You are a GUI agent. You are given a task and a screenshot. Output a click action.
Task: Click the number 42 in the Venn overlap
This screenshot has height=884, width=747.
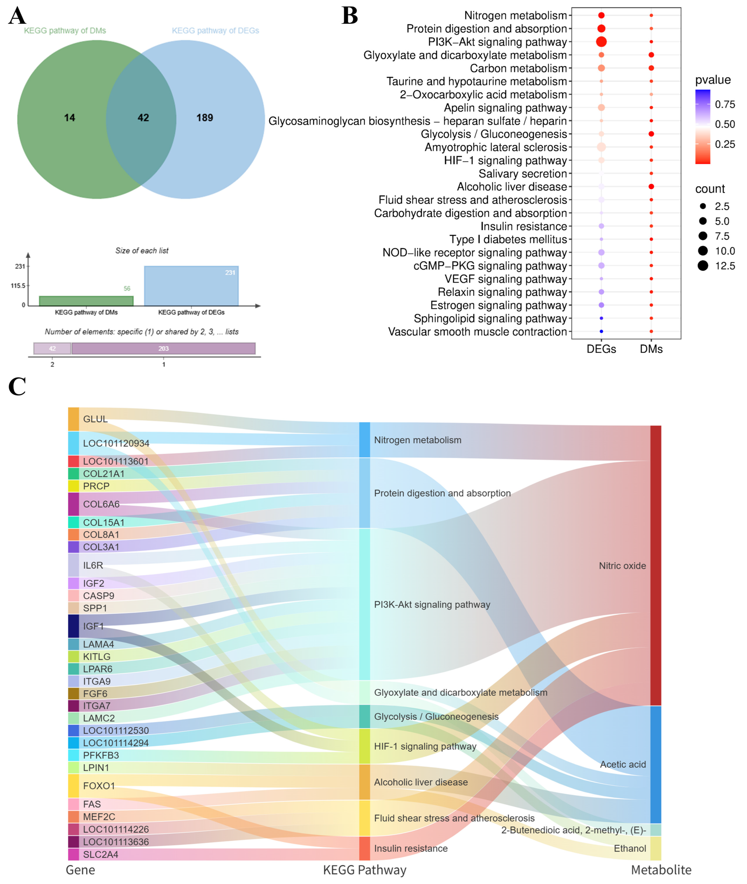[x=143, y=118]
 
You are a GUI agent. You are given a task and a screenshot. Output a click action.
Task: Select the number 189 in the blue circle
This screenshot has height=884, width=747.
[x=204, y=118]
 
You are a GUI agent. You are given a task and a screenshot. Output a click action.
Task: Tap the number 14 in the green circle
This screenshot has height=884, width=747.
[x=69, y=118]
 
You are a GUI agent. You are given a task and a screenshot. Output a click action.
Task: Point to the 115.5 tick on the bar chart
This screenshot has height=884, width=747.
[x=18, y=286]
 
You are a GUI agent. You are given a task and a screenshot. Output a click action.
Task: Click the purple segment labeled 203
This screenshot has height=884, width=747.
[x=163, y=349]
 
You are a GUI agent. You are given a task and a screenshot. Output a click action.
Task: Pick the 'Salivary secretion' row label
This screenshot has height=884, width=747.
[x=523, y=174]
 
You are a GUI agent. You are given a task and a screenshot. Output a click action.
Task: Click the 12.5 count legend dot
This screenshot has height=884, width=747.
[x=703, y=266]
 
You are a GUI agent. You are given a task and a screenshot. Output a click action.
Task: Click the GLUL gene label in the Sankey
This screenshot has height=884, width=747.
[x=95, y=419]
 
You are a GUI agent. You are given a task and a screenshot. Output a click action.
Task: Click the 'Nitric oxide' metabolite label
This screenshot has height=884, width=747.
[x=622, y=566]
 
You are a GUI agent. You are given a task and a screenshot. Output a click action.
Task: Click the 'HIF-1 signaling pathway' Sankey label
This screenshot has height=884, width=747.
[x=425, y=746]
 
